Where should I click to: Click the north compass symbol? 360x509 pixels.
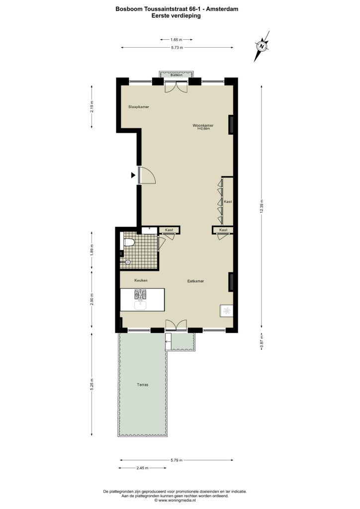click(x=262, y=46)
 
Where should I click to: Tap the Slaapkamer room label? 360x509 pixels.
click(x=139, y=107)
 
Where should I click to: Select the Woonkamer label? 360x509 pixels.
click(x=203, y=125)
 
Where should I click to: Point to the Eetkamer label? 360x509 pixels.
click(x=196, y=281)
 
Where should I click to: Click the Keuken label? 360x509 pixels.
click(x=141, y=280)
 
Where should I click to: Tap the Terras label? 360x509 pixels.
click(x=143, y=385)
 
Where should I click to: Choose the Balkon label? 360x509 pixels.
click(x=177, y=75)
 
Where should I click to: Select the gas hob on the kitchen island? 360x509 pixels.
click(x=141, y=294)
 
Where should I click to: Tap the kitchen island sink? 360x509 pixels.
click(x=140, y=305)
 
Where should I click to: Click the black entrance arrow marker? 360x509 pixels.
click(x=133, y=175)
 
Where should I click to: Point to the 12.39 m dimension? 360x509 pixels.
click(x=262, y=206)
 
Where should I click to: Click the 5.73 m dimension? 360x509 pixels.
click(x=177, y=48)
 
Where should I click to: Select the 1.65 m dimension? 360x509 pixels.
click(x=176, y=40)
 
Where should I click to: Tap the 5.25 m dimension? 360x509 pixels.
click(x=92, y=385)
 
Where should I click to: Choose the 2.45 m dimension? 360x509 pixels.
click(x=142, y=468)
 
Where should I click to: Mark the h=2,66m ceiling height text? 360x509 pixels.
click(x=203, y=129)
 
